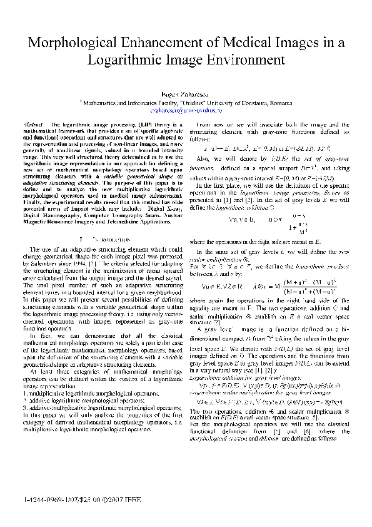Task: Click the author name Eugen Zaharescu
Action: point(186,92)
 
